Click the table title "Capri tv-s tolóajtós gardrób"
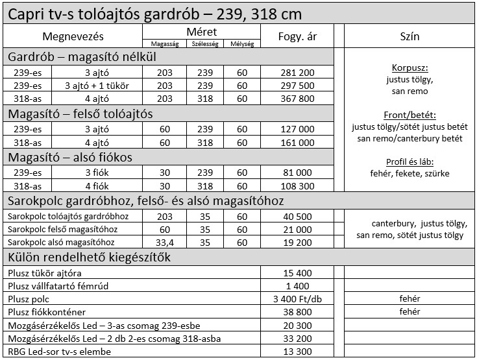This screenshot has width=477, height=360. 117,14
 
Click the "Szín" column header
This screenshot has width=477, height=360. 410,36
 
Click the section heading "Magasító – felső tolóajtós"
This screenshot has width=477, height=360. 80,114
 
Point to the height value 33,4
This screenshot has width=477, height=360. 165,241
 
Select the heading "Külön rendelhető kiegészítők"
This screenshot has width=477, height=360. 89,258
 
